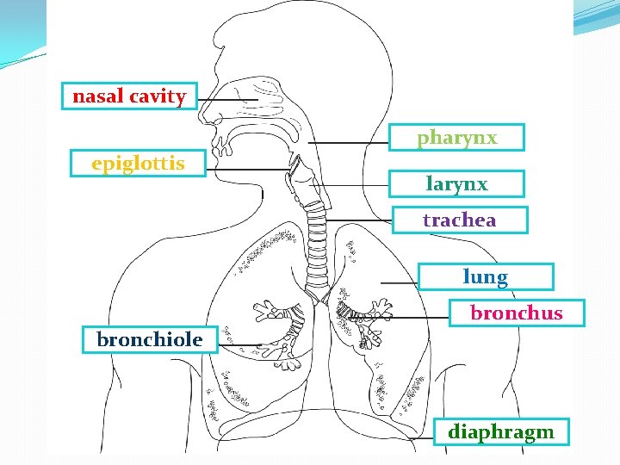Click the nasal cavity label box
(129, 96)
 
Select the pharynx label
(457, 138)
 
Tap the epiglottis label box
(138, 163)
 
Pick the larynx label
(456, 183)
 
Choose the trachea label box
(459, 220)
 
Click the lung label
(486, 276)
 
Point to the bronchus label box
(516, 313)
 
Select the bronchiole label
(150, 339)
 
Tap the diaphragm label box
(500, 431)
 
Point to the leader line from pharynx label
(349, 141)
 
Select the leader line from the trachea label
(362, 221)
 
